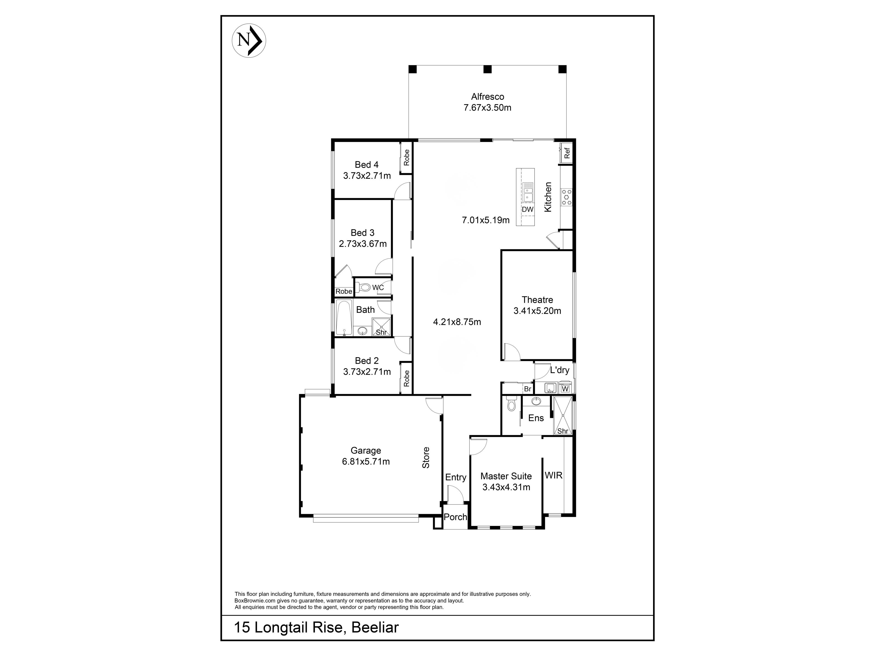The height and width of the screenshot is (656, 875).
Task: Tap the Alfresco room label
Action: (x=487, y=97)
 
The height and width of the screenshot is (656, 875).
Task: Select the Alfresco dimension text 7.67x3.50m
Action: (x=487, y=108)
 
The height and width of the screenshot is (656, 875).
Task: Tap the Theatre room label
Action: (x=537, y=300)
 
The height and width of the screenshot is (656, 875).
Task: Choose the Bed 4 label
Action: (x=366, y=164)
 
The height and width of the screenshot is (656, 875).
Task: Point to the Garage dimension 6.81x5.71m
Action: (x=366, y=461)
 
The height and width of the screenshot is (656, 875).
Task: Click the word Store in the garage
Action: (x=426, y=458)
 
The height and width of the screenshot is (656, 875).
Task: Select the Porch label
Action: (x=455, y=517)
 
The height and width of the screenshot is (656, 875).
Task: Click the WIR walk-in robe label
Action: (x=553, y=475)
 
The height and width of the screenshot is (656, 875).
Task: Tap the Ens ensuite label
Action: (x=536, y=418)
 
